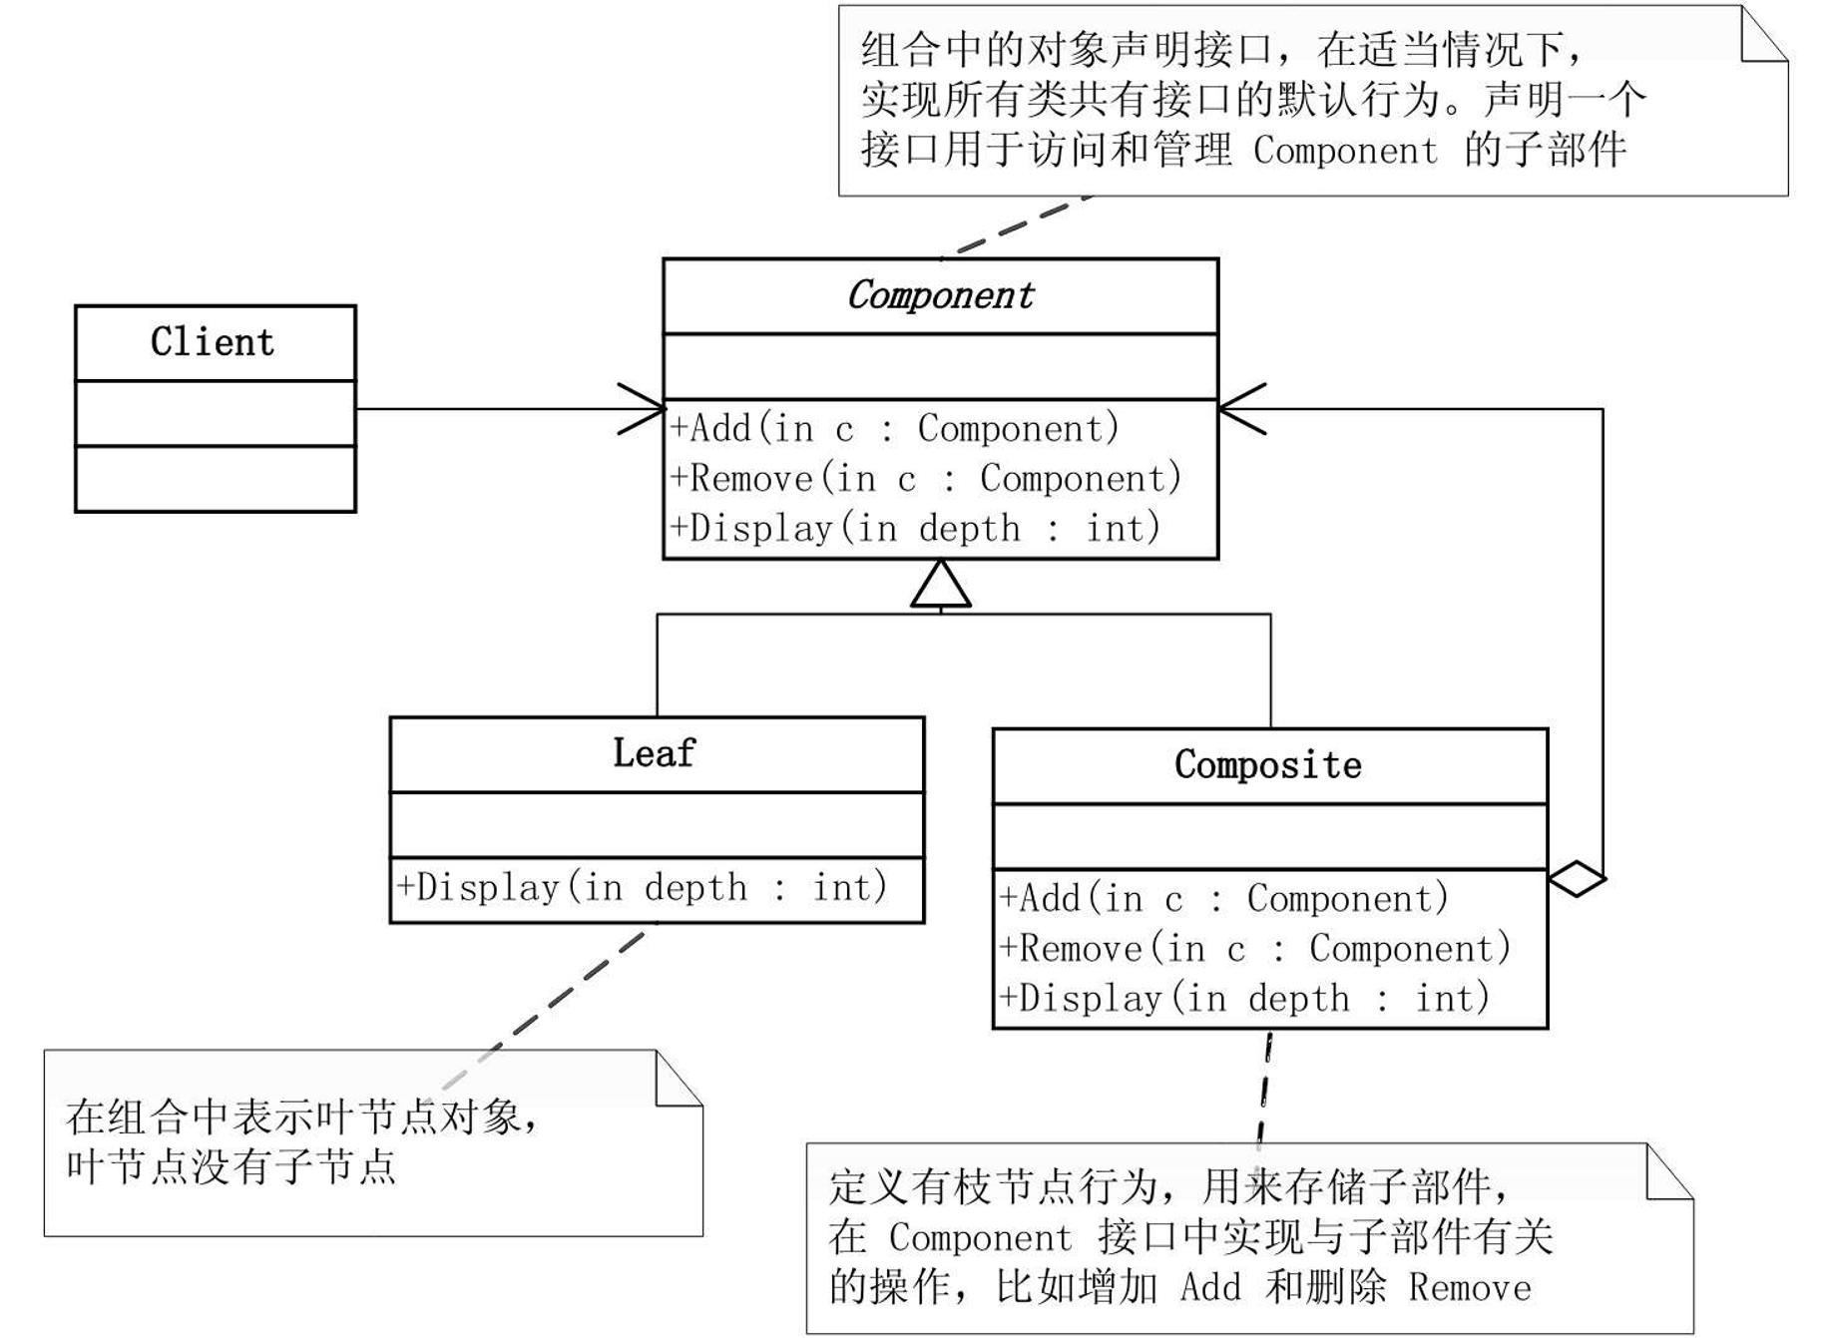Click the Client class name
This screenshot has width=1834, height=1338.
[213, 342]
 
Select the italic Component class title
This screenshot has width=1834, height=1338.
[940, 295]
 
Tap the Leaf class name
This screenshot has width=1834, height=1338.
[654, 753]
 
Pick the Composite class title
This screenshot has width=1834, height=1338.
[1267, 765]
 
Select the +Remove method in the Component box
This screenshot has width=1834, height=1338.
[926, 478]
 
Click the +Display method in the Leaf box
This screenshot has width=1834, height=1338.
[643, 887]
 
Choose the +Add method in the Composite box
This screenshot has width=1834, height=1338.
[1223, 899]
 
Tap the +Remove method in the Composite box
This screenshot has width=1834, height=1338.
[1255, 949]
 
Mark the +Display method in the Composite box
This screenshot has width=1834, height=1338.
[1244, 999]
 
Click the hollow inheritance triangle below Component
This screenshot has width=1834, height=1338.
[940, 587]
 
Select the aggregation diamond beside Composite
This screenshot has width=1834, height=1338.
[1577, 879]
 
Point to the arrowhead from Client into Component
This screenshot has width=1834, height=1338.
[644, 409]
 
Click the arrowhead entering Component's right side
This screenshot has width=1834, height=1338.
[1240, 409]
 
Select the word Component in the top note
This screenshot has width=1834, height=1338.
[1345, 151]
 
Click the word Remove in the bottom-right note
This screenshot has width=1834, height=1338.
[1470, 1288]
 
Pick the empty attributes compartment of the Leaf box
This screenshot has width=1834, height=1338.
[657, 824]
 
